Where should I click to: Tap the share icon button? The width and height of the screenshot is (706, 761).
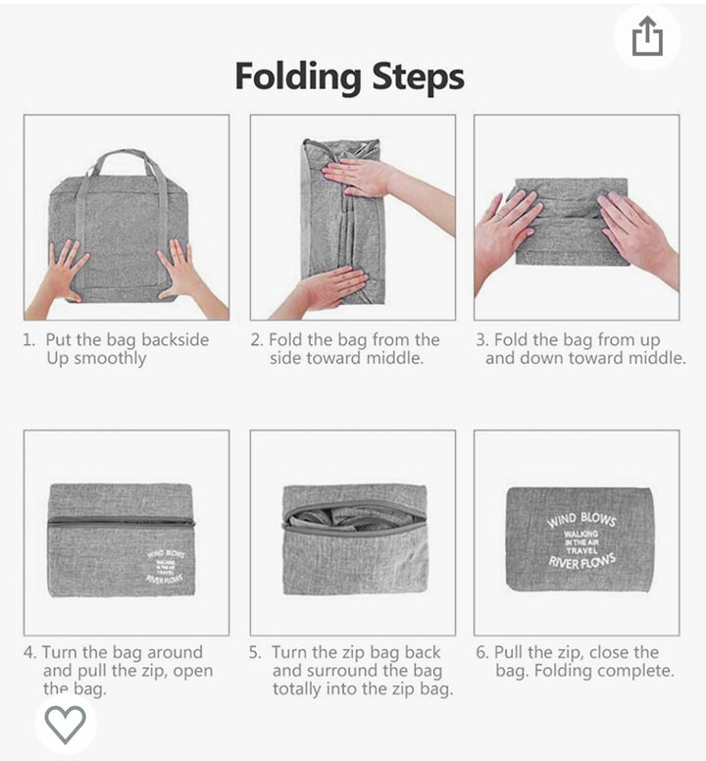point(647,36)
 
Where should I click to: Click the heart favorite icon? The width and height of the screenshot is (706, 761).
point(65,724)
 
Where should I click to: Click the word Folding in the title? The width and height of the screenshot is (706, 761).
point(298,77)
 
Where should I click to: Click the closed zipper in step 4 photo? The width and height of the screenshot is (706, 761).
point(122,523)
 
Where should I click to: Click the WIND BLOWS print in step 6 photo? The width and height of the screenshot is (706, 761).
point(581,519)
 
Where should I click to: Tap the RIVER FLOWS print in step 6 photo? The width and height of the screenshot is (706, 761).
point(581,562)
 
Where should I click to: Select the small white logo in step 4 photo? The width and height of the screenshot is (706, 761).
point(165,566)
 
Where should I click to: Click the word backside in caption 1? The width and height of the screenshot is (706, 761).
point(176,339)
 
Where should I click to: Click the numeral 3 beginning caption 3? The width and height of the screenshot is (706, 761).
point(481,339)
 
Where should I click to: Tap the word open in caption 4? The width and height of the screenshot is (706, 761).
point(192,672)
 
